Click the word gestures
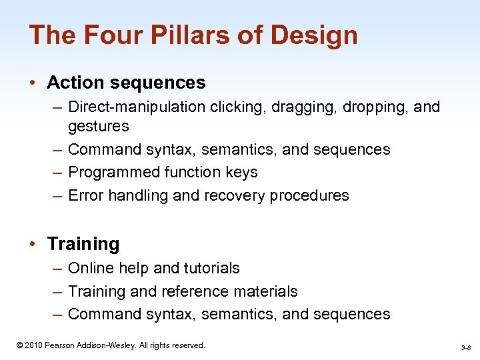99,126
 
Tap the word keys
242,172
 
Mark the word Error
86,195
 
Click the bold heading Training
83,244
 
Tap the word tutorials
211,268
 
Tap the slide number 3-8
465,347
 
